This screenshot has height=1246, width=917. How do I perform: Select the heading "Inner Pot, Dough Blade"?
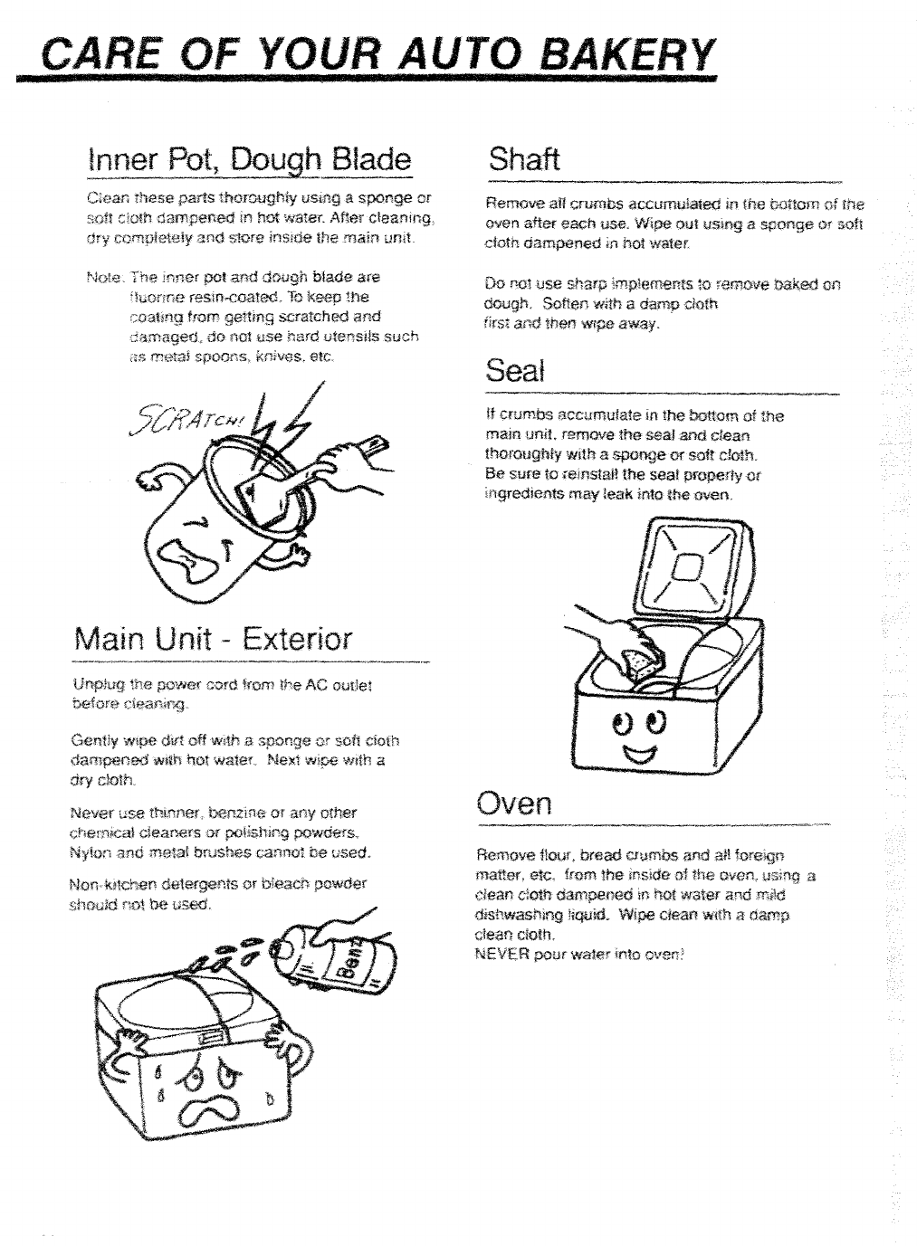point(248,160)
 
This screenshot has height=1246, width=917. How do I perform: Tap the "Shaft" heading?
point(523,159)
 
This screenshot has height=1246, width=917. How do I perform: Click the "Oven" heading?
point(513,803)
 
